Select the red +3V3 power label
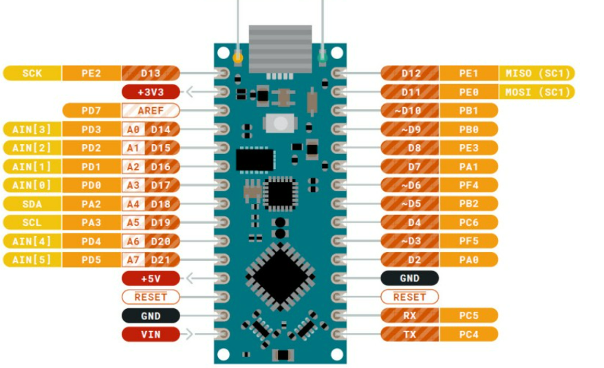150,92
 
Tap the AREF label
150,111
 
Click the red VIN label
150,334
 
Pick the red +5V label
150,278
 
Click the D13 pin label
150,73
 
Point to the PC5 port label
468,316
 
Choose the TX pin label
409,334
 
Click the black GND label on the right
409,278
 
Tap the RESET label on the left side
150,297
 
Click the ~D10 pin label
409,111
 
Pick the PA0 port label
468,260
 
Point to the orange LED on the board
238,57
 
